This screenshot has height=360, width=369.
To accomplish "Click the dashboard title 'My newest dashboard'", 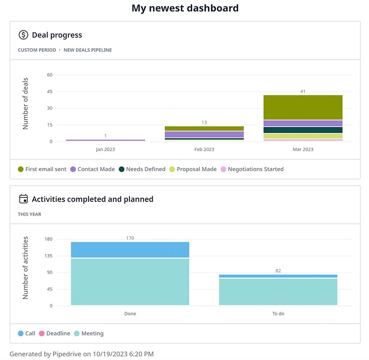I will [185, 8].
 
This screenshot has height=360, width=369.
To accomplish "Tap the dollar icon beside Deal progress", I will [23, 35].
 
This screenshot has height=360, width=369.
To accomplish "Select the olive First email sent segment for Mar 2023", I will [303, 107].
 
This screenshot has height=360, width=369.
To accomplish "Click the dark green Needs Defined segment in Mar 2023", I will [303, 130].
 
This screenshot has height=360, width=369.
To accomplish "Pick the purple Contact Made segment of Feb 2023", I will [204, 134].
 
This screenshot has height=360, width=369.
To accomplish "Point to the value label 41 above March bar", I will [303, 91].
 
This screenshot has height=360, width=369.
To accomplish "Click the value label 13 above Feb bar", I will [204, 122].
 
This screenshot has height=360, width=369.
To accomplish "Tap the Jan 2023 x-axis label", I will [105, 149].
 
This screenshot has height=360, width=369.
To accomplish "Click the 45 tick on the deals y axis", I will [50, 92].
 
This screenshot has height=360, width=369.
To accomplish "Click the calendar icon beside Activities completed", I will [23, 199].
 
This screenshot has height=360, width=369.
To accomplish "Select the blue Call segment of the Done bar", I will [130, 250].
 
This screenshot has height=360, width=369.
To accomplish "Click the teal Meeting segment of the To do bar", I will [278, 292].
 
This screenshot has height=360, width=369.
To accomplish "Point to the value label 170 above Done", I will [130, 238].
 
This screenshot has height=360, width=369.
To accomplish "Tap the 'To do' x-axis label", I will [278, 314].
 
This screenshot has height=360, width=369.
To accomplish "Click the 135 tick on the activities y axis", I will [48, 256].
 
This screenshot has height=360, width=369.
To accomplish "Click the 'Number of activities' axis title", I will [25, 267].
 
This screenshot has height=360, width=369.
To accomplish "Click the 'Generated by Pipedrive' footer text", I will [82, 354].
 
